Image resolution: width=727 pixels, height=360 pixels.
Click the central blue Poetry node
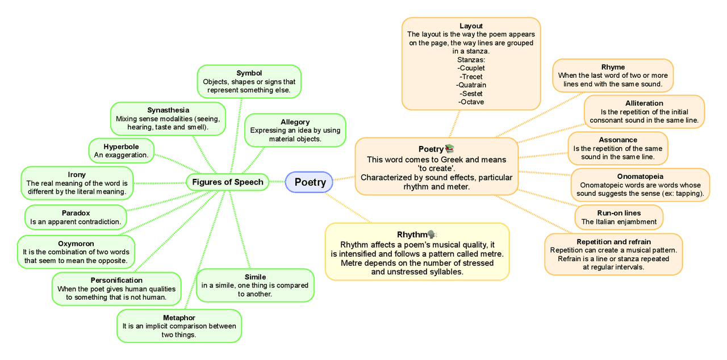click(310, 182)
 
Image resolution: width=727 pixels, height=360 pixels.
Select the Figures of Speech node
click(228, 182)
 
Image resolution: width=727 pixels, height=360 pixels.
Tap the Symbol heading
click(249, 73)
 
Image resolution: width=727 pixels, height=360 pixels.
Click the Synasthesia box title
click(168, 110)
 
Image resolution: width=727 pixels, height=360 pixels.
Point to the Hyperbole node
click(122, 150)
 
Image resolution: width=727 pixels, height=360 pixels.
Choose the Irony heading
click(77, 175)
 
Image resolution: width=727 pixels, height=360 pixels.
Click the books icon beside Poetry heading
click(450, 149)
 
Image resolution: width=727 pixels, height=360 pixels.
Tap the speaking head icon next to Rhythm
click(432, 234)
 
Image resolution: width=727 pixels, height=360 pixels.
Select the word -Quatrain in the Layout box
click(471, 85)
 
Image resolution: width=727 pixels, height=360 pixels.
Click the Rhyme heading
click(613, 67)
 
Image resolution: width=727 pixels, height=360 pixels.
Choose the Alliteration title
click(644, 103)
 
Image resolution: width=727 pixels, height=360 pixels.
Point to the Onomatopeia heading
click(640, 177)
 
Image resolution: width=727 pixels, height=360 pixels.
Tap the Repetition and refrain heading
click(613, 242)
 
